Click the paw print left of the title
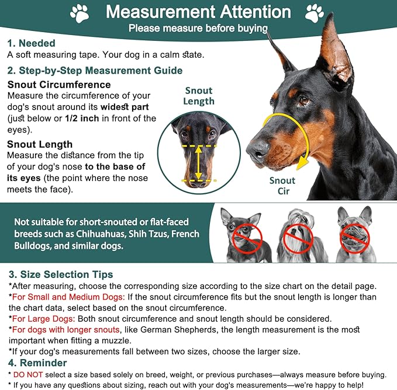pyautogui.click(x=80, y=13)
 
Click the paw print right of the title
pyautogui.click(x=315, y=13)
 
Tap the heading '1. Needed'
pyautogui.click(x=31, y=43)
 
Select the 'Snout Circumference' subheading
pyautogui.click(x=59, y=85)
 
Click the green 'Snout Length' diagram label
pyautogui.click(x=199, y=96)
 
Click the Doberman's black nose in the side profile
pyautogui.click(x=256, y=152)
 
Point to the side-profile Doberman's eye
pyautogui.click(x=304, y=100)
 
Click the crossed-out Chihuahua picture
pyautogui.click(x=244, y=234)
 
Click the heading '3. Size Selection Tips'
pyautogui.click(x=60, y=274)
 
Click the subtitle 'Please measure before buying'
pyautogui.click(x=198, y=28)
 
